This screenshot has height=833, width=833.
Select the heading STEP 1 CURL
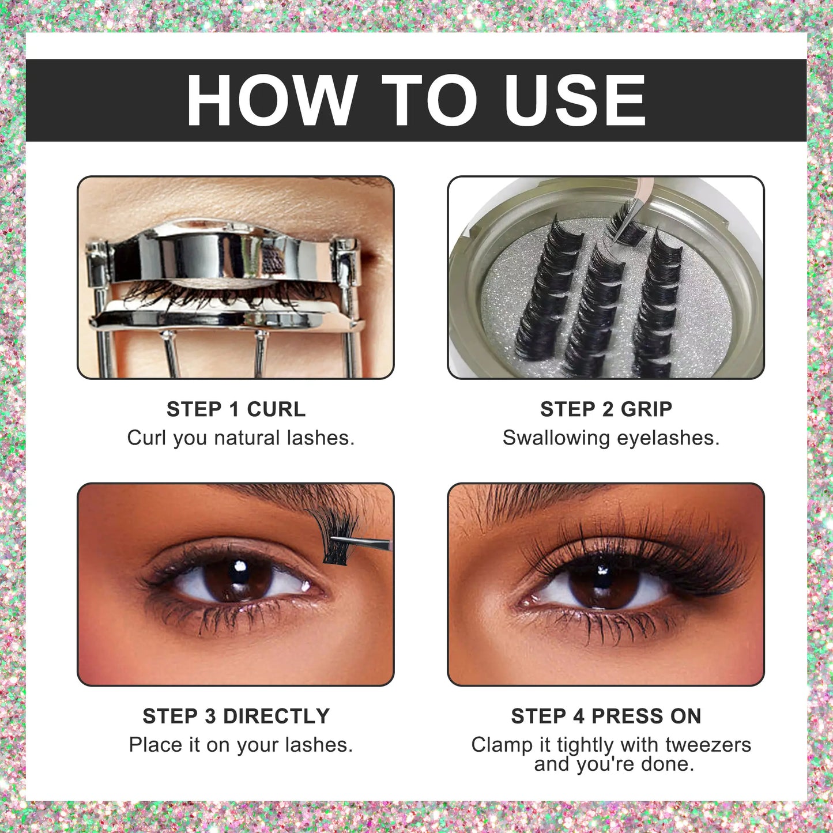tap(236, 409)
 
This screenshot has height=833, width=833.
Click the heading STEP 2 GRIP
tap(606, 409)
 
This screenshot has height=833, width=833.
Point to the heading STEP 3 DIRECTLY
tap(236, 716)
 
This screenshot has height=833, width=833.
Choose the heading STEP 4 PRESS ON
tap(606, 716)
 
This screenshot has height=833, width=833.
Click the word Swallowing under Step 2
tap(556, 438)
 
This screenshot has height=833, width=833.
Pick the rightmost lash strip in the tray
tap(654, 300)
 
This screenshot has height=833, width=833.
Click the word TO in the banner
tap(429, 100)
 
